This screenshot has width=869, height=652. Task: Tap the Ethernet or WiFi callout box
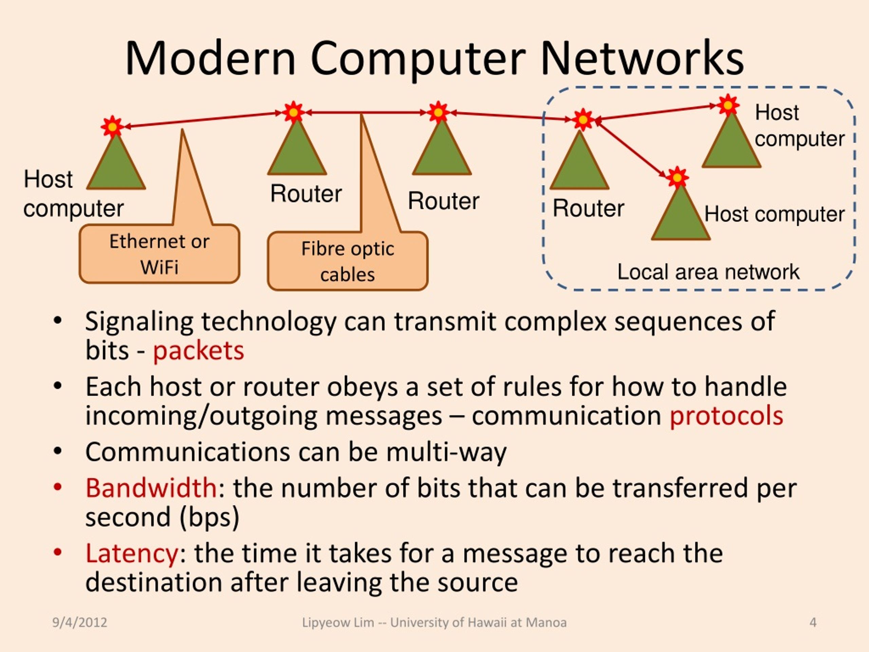pos(160,254)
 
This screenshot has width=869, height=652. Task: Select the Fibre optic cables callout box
pos(348,261)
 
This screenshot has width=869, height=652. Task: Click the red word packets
pos(198,351)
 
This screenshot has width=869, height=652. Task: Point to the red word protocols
pos(726,417)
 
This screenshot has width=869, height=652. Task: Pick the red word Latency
pos(132,554)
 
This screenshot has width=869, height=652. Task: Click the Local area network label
pos(708,272)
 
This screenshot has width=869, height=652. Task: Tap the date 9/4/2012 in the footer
pos(80,622)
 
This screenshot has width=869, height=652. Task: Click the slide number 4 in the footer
pos(813,622)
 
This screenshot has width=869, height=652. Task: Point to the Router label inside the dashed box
pos(588,208)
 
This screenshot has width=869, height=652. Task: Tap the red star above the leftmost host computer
pos(112,127)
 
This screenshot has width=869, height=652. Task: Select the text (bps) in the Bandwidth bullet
pos(209,518)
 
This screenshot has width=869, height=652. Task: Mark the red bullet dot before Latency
pos(58,553)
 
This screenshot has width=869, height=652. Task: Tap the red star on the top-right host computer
pos(728,105)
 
